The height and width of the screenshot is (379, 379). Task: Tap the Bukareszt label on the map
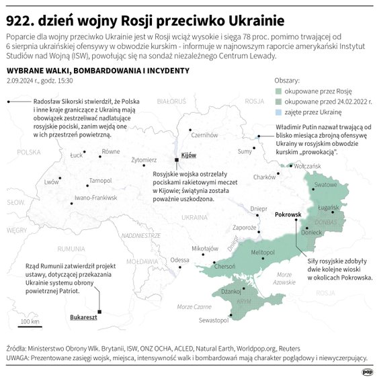tap(83, 317)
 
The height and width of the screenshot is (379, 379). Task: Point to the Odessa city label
tap(179, 259)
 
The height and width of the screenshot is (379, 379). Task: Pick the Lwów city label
tap(51, 182)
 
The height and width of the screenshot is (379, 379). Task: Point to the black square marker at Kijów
tap(176, 160)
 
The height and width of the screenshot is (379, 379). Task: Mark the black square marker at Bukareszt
tap(99, 311)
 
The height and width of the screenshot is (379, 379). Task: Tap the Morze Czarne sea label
tap(194, 306)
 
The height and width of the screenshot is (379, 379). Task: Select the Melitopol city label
tap(263, 252)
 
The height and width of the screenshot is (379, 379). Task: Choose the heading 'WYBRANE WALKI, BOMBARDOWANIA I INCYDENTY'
tap(92, 70)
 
